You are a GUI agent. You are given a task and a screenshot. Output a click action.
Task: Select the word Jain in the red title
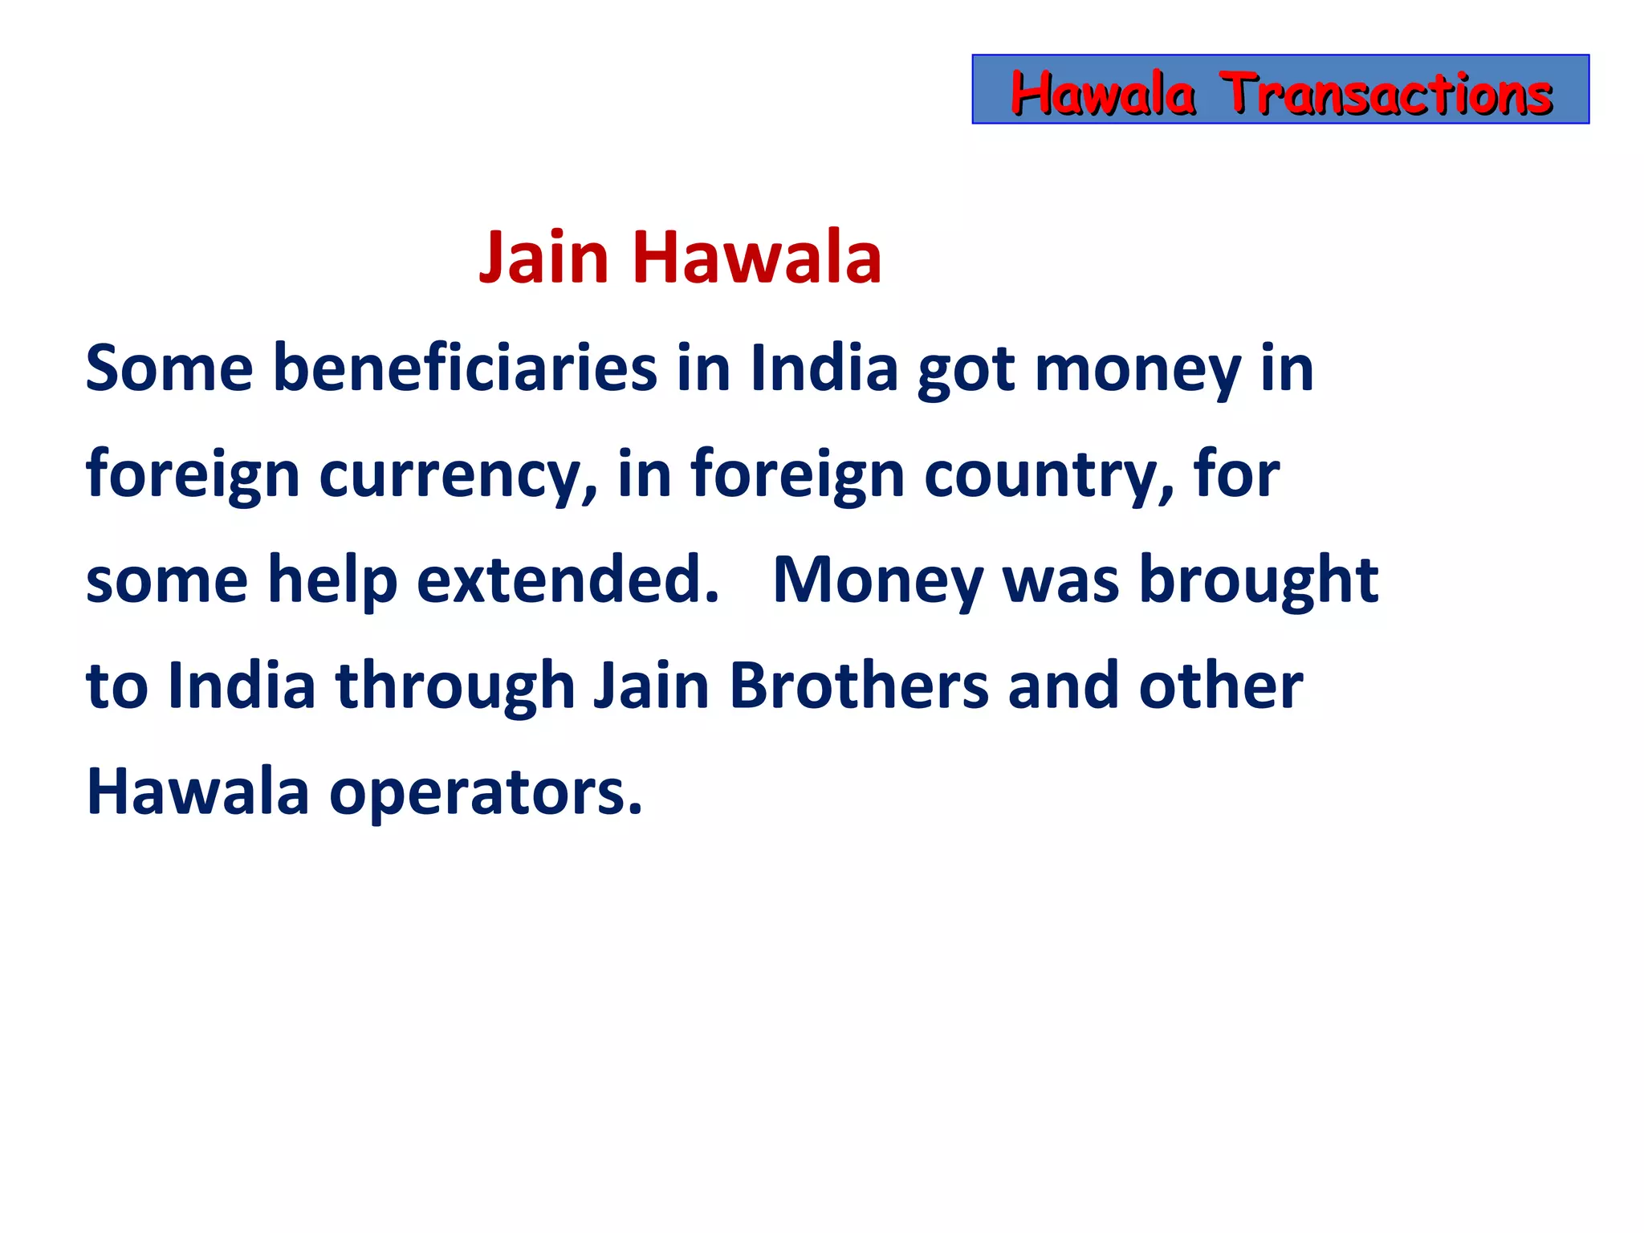coord(544,258)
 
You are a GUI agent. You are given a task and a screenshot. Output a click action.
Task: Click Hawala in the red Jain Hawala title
coord(757,258)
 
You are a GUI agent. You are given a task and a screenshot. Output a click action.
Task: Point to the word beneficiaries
coord(465,368)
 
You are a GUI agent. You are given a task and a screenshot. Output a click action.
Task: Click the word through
coord(455,687)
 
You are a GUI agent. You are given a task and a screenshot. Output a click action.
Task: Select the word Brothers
coord(859,686)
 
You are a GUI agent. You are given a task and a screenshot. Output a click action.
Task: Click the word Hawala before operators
coord(197,791)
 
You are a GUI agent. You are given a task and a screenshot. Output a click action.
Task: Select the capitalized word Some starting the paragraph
coord(169,368)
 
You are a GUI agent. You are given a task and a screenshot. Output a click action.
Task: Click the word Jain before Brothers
coord(651,686)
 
